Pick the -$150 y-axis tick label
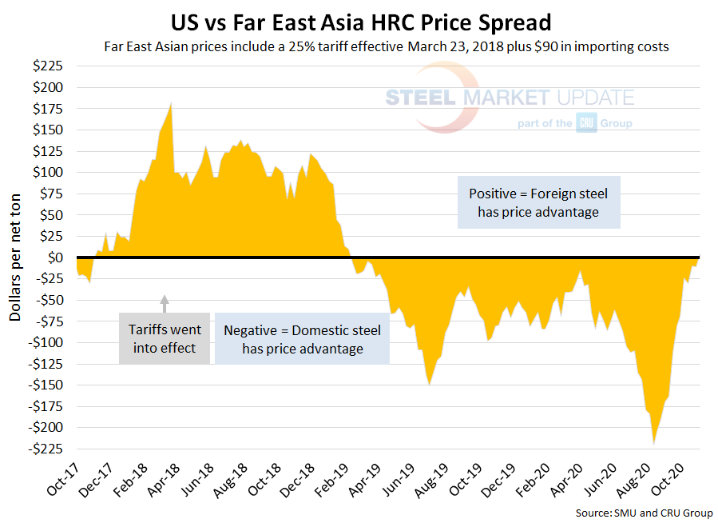pos(49,385)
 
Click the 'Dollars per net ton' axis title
pos(16,258)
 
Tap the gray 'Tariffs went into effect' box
pos(165,338)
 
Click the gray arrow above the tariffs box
pos(165,302)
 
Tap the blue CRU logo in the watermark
pos(586,123)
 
